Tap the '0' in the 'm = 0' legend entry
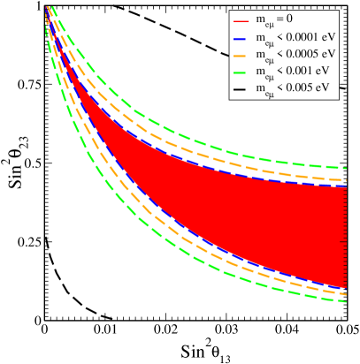click(313, 19)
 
